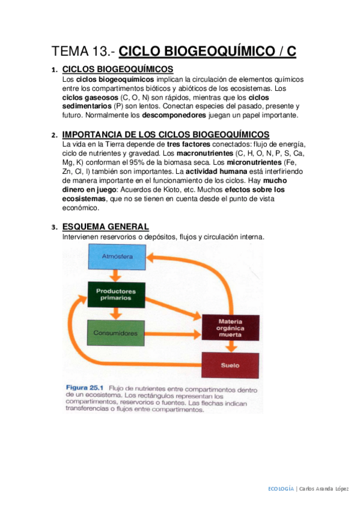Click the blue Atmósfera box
tap(117, 258)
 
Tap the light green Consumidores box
tap(116, 333)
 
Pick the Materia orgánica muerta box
tap(231, 328)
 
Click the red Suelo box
tap(231, 364)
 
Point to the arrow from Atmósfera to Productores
tap(116, 276)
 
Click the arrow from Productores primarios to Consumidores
tap(116, 315)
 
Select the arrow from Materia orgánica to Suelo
tap(231, 347)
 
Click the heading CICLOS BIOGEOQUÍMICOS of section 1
tap(118, 69)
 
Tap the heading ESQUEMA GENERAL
tap(105, 227)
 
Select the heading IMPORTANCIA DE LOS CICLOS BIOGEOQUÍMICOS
tap(165, 134)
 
